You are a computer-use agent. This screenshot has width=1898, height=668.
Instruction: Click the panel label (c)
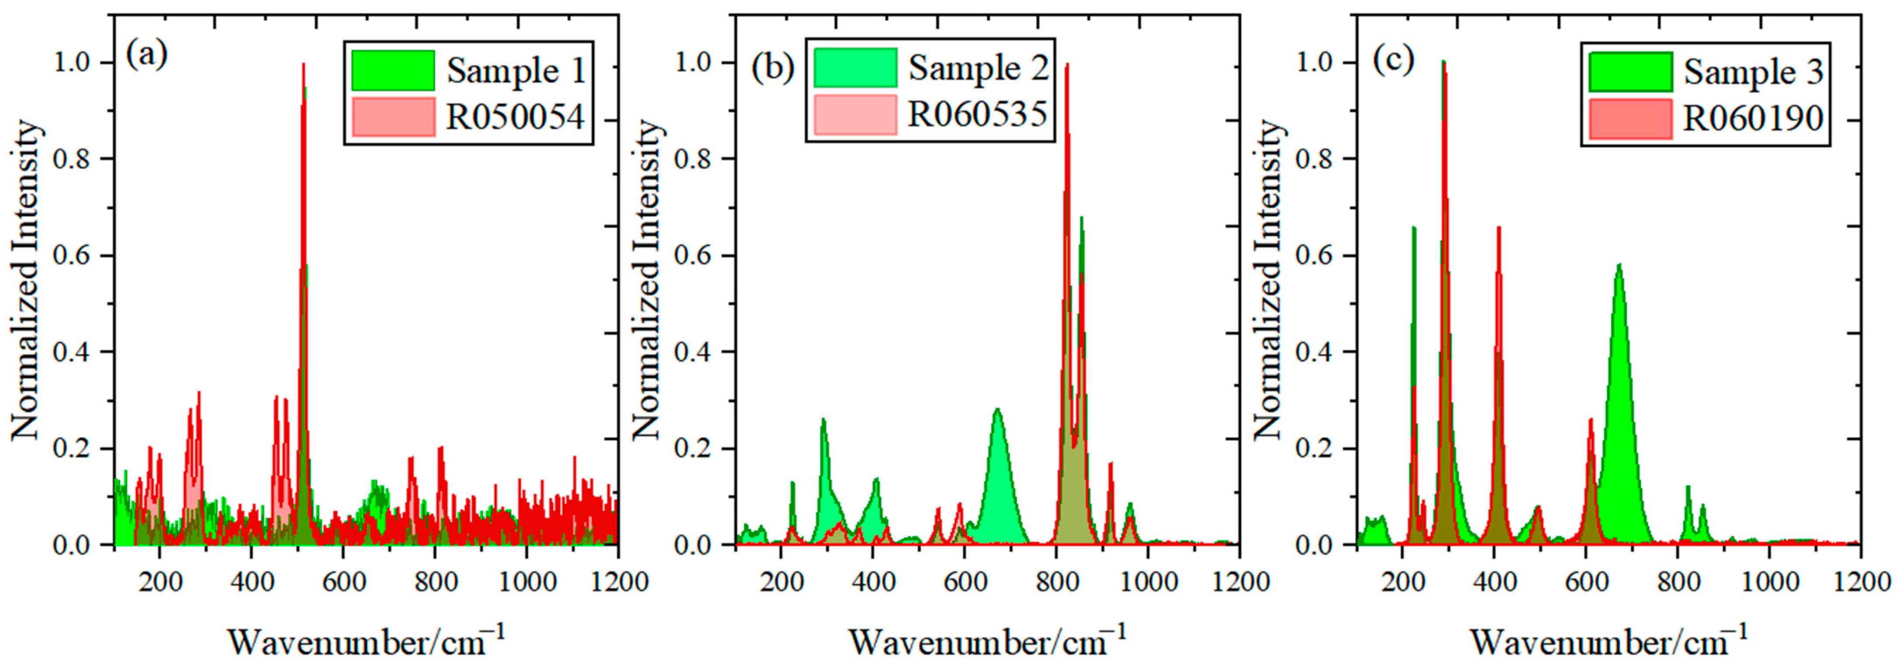pyautogui.click(x=1393, y=59)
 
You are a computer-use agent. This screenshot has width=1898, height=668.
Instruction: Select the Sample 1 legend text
pyautogui.click(x=516, y=71)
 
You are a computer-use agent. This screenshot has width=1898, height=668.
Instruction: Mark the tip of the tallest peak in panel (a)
pyautogui.click(x=303, y=64)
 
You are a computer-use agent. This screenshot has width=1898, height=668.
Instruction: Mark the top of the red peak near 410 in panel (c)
pyautogui.click(x=1498, y=228)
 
